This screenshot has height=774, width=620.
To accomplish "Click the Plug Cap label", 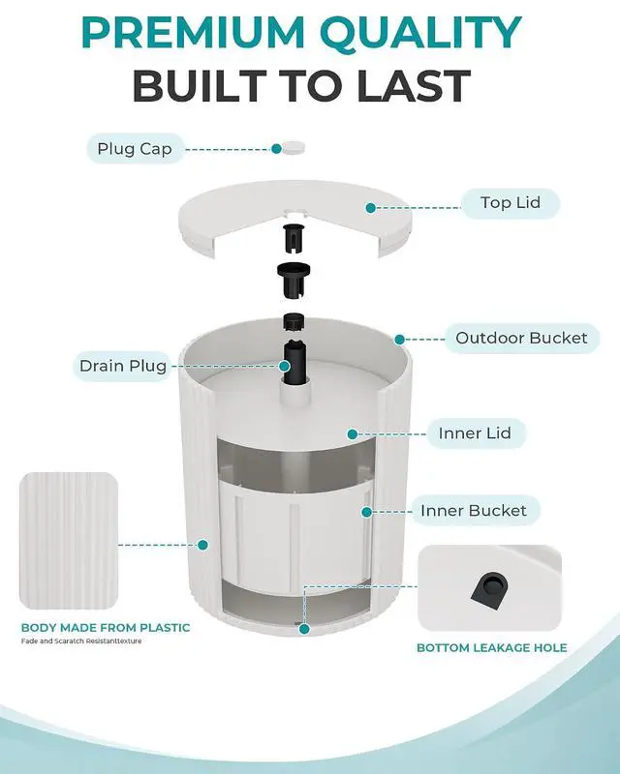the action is [135, 149].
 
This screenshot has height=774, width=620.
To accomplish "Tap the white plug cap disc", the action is [294, 147].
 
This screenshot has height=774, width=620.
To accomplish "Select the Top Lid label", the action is [511, 202].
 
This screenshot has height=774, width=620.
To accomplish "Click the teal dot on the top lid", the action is [370, 208].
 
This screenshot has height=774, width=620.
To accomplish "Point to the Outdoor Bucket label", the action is [521, 338].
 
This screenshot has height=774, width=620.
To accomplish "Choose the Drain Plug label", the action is [123, 366].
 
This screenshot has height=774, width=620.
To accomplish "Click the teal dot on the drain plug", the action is [284, 367].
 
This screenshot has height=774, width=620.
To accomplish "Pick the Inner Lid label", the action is [475, 432].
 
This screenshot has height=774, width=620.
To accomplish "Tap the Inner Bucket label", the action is [474, 511].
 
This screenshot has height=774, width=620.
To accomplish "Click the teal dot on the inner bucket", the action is [366, 513].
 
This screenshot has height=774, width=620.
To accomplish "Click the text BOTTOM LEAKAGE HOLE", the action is [491, 647].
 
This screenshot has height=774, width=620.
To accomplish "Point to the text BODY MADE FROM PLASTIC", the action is [106, 628].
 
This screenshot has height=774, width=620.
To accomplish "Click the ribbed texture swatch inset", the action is [69, 541].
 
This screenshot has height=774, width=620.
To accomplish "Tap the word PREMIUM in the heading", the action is [193, 33].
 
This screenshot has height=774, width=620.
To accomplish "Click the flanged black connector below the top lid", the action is [293, 280].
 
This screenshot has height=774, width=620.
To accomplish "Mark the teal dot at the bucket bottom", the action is [304, 629].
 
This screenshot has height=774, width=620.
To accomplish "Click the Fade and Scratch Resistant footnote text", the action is [81, 641].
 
